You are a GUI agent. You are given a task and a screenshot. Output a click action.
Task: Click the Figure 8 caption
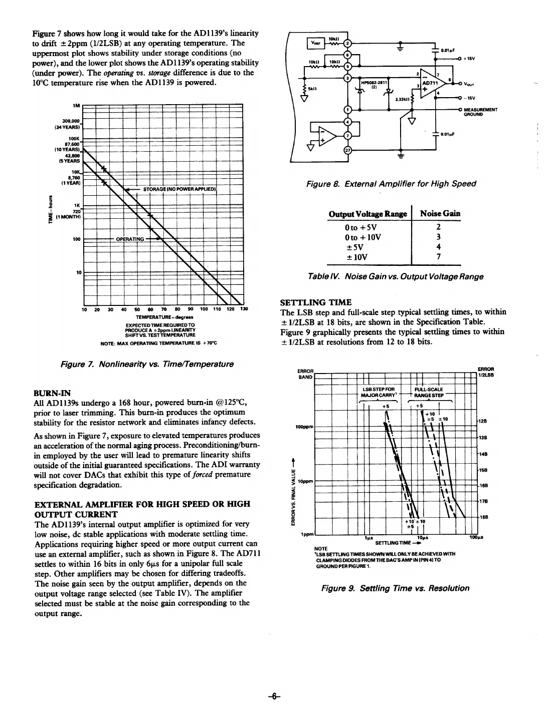391,184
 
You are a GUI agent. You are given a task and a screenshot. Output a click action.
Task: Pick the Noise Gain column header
440,214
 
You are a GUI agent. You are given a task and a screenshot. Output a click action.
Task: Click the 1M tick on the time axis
77,106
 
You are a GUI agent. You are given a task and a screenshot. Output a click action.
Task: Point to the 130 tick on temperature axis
244,309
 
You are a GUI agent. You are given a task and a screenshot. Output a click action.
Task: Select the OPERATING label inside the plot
130,239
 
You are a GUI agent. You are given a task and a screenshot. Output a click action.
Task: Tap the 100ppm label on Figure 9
304,427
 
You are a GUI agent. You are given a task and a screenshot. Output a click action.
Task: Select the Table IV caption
396,276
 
